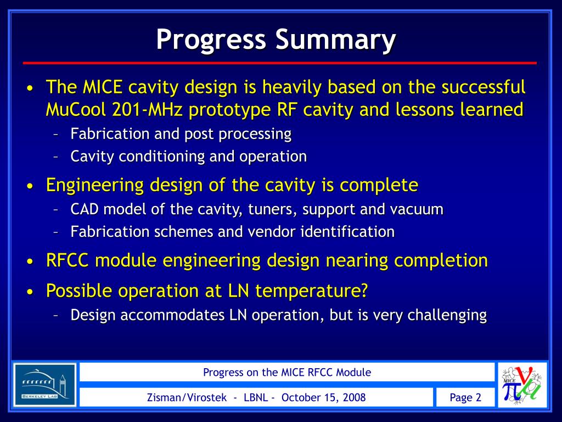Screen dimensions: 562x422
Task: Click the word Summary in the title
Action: [336, 39]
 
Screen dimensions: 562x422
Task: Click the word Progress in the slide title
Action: [211, 39]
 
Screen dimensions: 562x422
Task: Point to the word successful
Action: [484, 87]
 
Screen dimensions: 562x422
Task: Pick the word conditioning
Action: [161, 157]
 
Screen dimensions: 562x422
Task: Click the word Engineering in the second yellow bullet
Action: [95, 186]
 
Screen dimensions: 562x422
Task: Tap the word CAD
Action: [85, 209]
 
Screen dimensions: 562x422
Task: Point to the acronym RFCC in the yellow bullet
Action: [68, 260]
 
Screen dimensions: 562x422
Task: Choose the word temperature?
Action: [312, 291]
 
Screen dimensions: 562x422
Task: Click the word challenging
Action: [447, 315]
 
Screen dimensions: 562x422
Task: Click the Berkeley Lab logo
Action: [45, 384]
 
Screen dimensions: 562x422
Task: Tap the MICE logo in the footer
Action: [522, 384]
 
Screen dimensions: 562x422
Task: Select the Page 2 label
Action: [465, 398]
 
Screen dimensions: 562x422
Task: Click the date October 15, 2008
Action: [324, 398]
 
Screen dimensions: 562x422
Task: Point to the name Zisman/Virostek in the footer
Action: [187, 398]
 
